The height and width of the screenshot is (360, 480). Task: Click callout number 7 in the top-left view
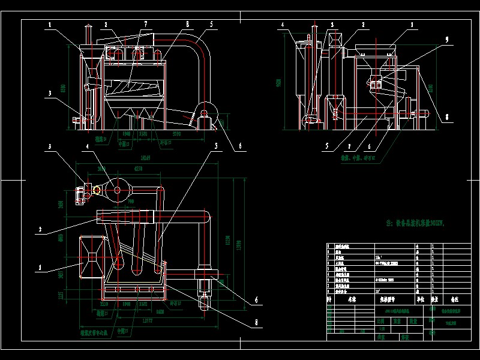point(145,24)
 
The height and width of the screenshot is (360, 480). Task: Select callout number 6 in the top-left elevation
point(241,145)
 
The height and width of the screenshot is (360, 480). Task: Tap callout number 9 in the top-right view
point(446,40)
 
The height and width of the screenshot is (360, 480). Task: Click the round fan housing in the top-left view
point(206,112)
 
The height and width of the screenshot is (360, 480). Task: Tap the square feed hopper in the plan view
point(92,256)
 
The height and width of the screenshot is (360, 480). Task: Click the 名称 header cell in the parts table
point(352,298)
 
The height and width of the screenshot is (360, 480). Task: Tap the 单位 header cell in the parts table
point(419,298)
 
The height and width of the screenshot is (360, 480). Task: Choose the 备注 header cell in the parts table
point(454,298)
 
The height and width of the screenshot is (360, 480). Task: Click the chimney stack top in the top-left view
point(88,28)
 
